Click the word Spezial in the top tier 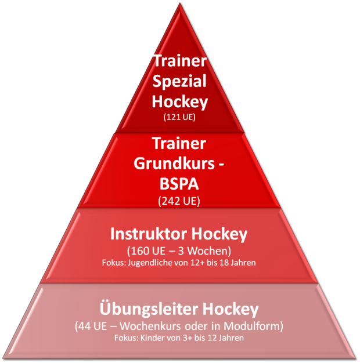[179, 81]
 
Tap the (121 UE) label [179, 117]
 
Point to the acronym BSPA [179, 184]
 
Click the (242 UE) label [179, 201]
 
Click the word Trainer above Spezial [179, 60]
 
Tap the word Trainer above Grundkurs [179, 143]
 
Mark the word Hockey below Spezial [179, 102]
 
